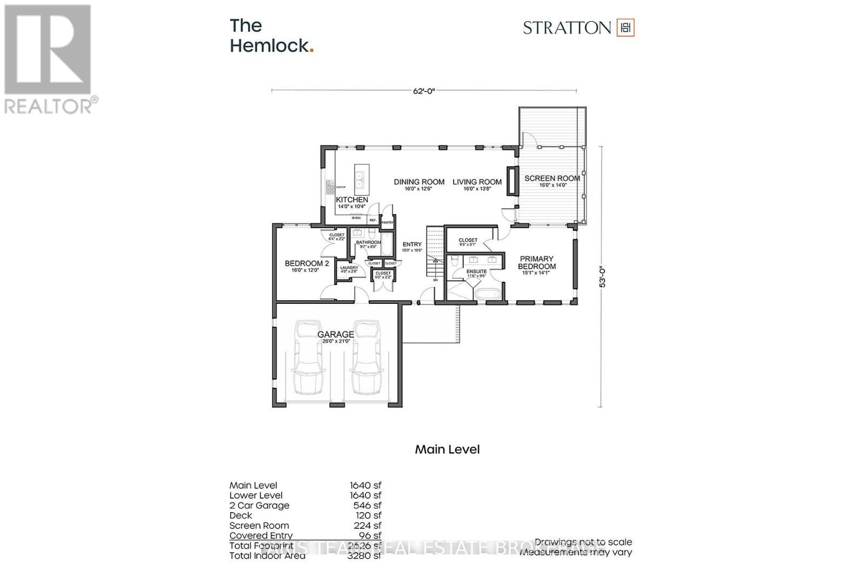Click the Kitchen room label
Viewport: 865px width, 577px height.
(352, 200)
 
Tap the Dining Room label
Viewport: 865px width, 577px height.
(419, 182)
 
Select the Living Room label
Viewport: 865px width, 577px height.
(477, 182)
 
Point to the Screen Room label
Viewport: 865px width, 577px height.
(552, 178)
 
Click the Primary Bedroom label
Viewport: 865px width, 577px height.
(536, 263)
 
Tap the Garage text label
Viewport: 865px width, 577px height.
(336, 335)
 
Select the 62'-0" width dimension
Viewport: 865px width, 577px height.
(424, 91)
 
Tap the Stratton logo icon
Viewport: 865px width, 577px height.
(626, 28)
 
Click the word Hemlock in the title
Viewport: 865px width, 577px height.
(269, 45)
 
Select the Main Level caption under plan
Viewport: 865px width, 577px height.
(447, 449)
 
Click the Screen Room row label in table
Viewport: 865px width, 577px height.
(259, 526)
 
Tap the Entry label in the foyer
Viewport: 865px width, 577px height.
(412, 244)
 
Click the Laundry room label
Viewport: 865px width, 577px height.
(349, 268)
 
